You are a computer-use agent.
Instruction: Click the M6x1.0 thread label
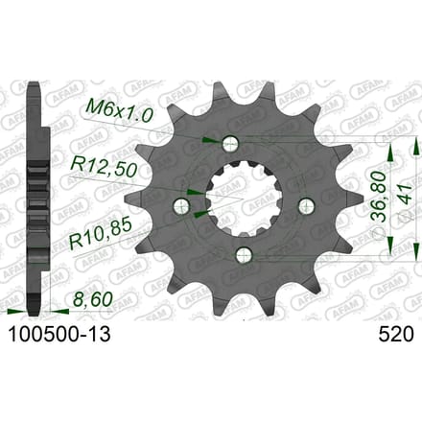pyautogui.click(x=117, y=111)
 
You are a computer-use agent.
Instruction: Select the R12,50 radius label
pyautogui.click(x=104, y=168)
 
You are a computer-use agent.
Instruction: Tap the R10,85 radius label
pyautogui.click(x=101, y=233)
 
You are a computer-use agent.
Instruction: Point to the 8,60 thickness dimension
pyautogui.click(x=93, y=299)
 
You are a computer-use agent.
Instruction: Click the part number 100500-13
pyautogui.click(x=59, y=335)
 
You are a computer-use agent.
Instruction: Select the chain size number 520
pyautogui.click(x=396, y=335)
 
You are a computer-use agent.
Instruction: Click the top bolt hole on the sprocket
pyautogui.click(x=230, y=143)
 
